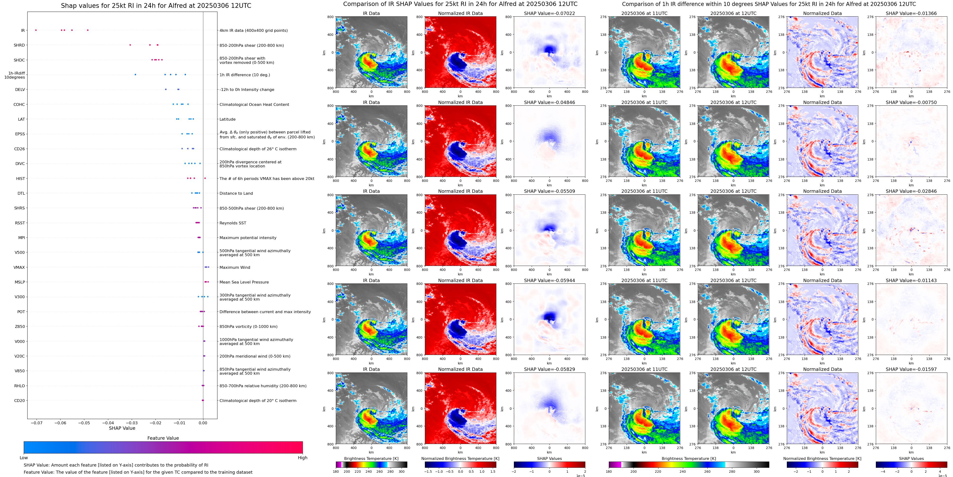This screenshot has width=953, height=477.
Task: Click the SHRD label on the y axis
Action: (x=19, y=45)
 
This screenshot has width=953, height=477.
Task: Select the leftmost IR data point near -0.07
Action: (x=36, y=30)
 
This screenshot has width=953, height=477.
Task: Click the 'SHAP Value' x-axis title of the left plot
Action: (x=122, y=428)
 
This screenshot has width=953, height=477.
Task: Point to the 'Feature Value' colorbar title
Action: (x=163, y=438)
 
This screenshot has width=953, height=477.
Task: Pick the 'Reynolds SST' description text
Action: (x=233, y=223)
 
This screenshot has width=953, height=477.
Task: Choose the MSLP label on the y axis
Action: (x=20, y=282)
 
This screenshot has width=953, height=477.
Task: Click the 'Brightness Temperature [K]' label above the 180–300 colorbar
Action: (x=371, y=458)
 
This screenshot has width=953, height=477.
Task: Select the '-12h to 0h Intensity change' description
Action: (x=247, y=90)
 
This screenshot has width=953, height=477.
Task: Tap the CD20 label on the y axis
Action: (x=20, y=400)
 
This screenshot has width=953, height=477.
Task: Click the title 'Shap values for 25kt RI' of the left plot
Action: (x=156, y=5)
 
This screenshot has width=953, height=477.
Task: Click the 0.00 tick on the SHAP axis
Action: (x=203, y=423)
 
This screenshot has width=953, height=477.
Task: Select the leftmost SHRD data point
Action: (x=130, y=45)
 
